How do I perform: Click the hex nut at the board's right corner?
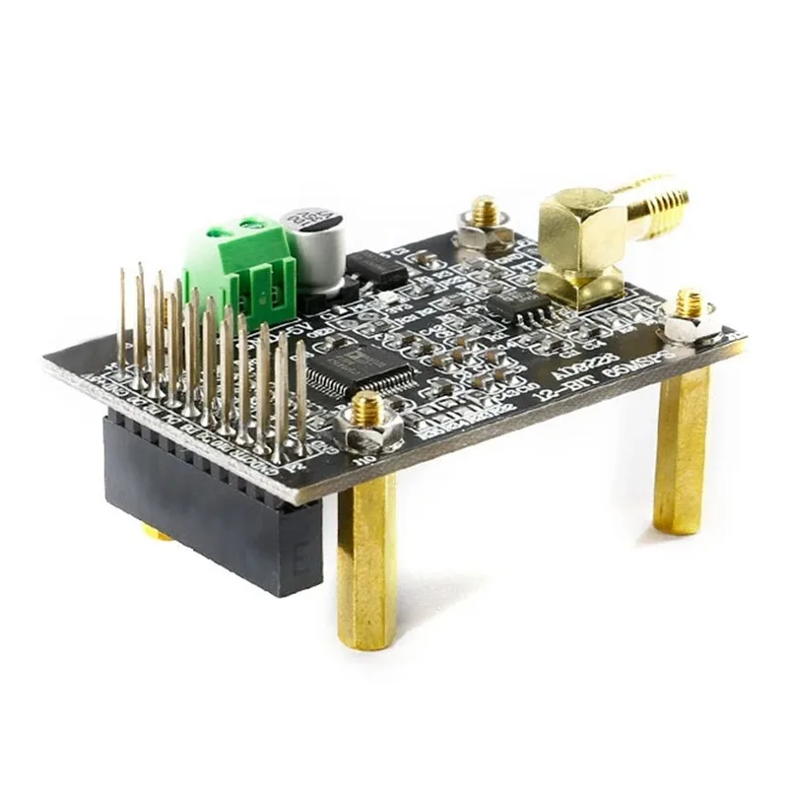pos(691,320)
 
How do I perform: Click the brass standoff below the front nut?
pos(366,561)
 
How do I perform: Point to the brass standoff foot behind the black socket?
pos(158,533)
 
